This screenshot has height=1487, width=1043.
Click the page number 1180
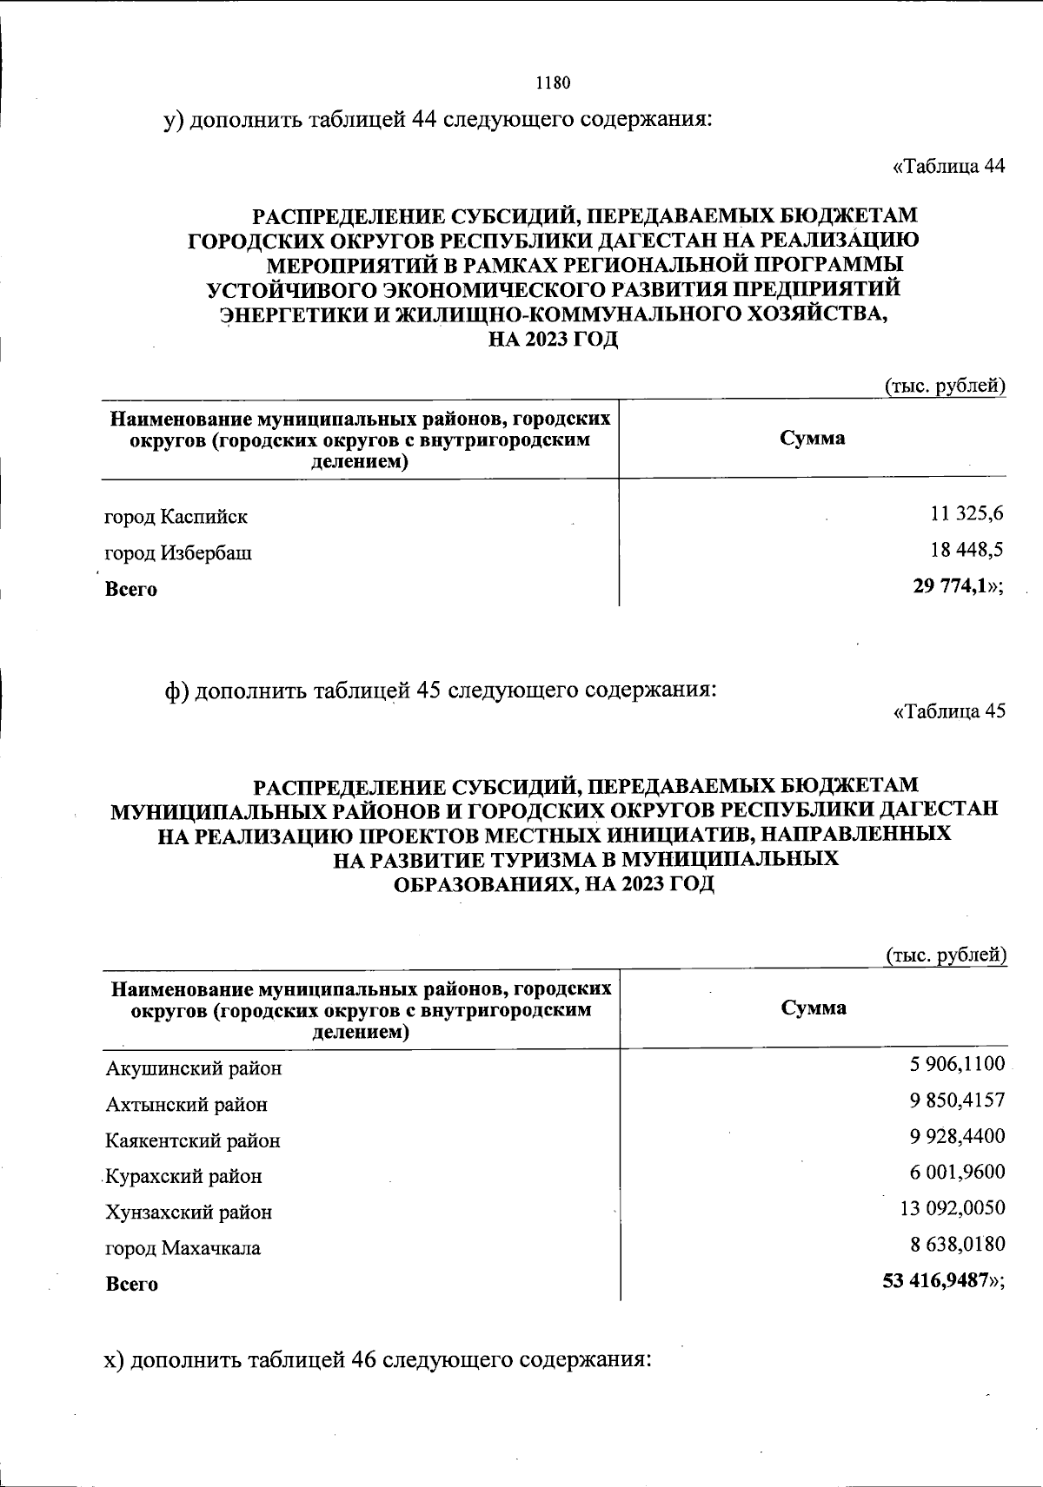552,83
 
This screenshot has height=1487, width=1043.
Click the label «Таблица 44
949,167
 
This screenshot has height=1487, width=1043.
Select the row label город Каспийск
176,517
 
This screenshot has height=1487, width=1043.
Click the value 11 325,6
967,513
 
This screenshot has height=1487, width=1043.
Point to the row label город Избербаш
178,552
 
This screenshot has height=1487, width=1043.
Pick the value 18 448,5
967,550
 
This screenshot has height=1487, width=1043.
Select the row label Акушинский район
193,1068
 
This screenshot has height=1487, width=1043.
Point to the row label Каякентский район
192,1140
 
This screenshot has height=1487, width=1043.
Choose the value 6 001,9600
958,1172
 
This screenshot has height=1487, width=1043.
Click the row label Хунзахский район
188,1212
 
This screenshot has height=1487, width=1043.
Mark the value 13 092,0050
953,1208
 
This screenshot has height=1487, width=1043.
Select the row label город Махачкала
183,1248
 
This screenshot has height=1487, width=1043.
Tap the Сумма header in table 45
814,1008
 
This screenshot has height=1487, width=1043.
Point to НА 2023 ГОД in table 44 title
553,340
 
